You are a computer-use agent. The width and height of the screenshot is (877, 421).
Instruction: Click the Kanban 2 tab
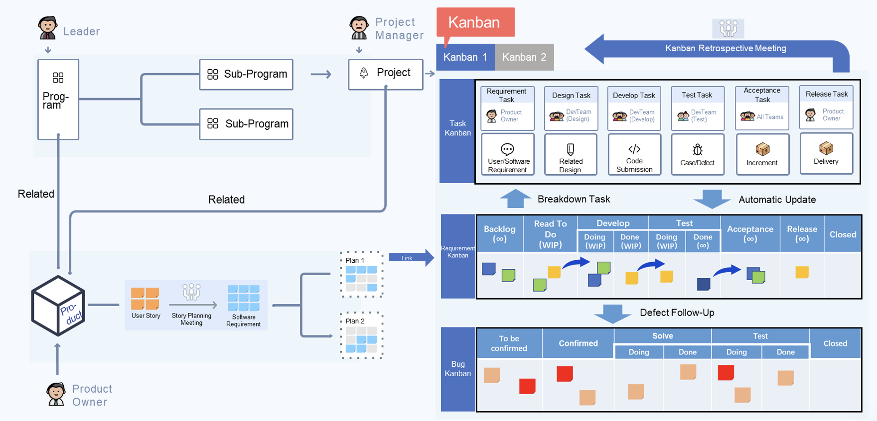(x=524, y=57)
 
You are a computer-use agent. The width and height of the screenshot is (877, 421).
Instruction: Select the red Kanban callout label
(x=475, y=22)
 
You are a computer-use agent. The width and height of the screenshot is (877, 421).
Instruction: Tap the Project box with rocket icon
(x=386, y=74)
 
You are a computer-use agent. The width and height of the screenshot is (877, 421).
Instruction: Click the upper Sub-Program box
(x=246, y=75)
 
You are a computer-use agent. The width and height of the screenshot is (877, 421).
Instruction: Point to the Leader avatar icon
(x=48, y=27)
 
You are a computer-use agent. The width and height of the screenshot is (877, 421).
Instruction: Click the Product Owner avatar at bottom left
(x=56, y=394)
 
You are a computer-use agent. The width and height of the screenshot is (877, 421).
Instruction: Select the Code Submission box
(x=634, y=154)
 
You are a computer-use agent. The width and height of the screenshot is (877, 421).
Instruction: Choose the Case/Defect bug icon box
(x=698, y=154)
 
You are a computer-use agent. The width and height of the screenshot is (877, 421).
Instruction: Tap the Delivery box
(x=826, y=153)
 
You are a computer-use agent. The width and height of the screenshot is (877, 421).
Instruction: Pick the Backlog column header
(x=500, y=234)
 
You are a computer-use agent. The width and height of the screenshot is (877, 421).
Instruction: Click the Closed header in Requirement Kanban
(x=843, y=234)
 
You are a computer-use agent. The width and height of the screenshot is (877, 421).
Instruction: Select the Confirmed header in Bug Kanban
(x=578, y=343)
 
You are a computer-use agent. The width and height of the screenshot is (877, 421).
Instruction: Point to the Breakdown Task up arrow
(x=515, y=199)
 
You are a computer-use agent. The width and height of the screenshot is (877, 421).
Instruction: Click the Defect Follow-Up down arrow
(x=612, y=314)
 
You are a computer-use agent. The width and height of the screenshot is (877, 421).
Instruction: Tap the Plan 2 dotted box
(x=362, y=335)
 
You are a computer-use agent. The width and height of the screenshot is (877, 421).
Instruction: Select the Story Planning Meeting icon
(x=191, y=292)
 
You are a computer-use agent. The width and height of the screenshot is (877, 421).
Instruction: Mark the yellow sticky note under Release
(x=802, y=272)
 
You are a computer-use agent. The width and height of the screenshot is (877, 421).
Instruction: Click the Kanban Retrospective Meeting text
(x=726, y=48)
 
